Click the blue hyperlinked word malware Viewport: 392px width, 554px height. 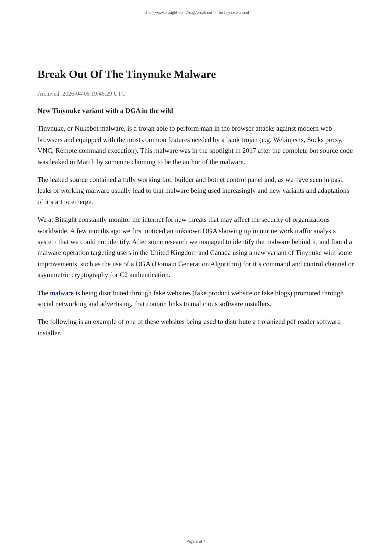pyautogui.click(x=62, y=293)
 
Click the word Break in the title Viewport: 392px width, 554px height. pyautogui.click(x=52, y=74)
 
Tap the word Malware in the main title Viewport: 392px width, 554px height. pyautogui.click(x=195, y=74)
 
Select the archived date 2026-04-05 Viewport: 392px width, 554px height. pyautogui.click(x=76, y=94)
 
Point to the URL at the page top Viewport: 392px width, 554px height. pyautogui.click(x=196, y=13)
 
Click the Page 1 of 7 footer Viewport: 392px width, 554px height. pyautogui.click(x=196, y=541)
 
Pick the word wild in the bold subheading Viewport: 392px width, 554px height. pyautogui.click(x=166, y=111)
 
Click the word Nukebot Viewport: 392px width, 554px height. pyautogui.click(x=86, y=128)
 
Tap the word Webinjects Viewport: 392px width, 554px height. pyautogui.click(x=288, y=140)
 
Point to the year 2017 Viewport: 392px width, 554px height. pyautogui.click(x=249, y=150)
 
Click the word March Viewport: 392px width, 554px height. pyautogui.click(x=86, y=162)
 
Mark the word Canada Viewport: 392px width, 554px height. pyautogui.click(x=220, y=253)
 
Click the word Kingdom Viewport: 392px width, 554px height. pyautogui.click(x=183, y=253)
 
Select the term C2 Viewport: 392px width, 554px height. pyautogui.click(x=124, y=275)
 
